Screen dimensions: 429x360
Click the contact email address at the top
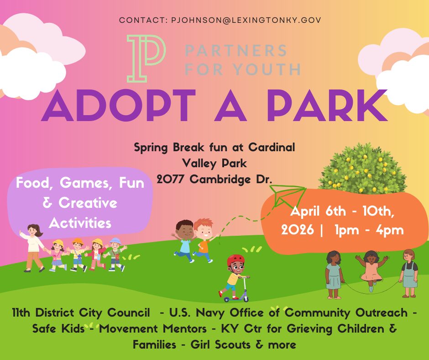(246, 20)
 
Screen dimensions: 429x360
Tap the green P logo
(146, 58)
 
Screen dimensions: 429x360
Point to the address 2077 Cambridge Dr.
(214, 180)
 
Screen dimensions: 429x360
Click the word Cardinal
(272, 148)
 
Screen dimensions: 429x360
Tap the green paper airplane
(288, 196)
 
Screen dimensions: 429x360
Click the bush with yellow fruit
(362, 169)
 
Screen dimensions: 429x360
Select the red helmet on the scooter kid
(235, 260)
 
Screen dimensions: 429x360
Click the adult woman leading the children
(33, 248)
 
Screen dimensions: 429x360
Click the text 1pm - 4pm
(369, 230)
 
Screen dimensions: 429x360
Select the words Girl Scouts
(221, 344)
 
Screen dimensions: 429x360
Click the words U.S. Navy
(197, 312)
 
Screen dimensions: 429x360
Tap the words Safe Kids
(58, 328)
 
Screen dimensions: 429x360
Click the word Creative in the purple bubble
(88, 203)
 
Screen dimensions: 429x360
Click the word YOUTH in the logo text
(267, 69)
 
